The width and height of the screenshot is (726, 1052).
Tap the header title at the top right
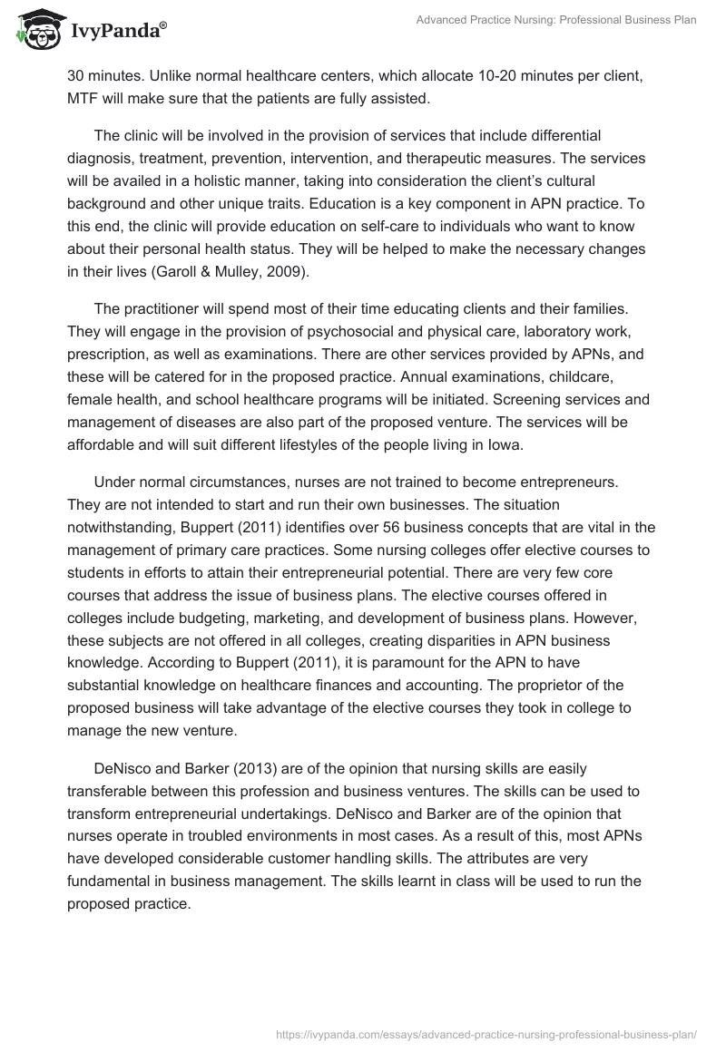point(554,20)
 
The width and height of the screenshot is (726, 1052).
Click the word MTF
point(85,97)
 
